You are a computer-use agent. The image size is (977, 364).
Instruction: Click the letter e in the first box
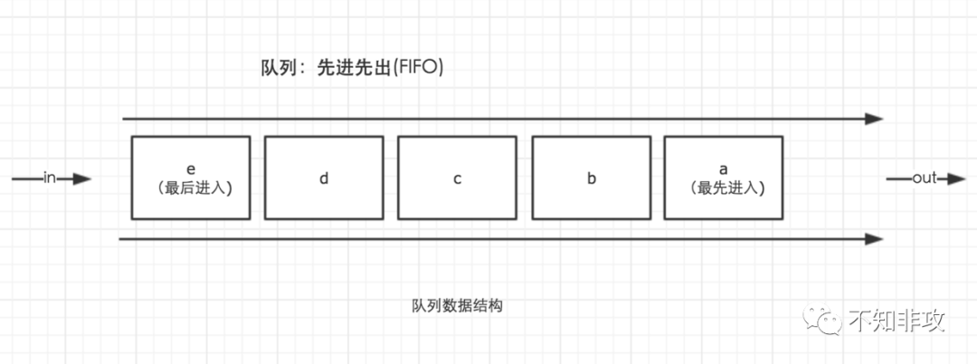tap(190, 169)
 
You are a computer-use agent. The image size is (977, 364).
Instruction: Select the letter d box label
tap(324, 178)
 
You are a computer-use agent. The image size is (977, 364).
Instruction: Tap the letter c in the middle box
tap(458, 178)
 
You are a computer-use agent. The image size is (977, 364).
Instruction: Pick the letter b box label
tap(592, 178)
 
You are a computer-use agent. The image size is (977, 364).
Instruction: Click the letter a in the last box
tap(724, 169)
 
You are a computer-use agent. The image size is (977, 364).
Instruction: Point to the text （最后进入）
tap(190, 188)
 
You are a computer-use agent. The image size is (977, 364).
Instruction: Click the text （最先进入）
tap(724, 188)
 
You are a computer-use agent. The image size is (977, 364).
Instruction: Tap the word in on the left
tap(51, 178)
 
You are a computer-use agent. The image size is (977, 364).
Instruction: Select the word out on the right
tap(924, 178)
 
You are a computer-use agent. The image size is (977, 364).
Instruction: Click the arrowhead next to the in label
tap(82, 179)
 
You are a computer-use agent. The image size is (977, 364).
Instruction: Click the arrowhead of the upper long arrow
tap(873, 119)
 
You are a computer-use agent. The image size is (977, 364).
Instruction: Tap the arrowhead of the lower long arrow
tap(873, 239)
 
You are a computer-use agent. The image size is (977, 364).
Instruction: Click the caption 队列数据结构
tap(457, 306)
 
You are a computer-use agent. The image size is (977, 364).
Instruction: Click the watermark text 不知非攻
tap(896, 321)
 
